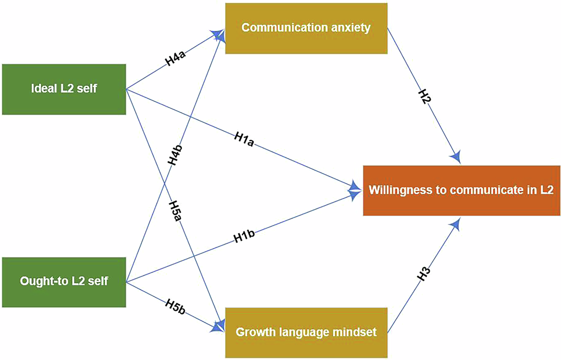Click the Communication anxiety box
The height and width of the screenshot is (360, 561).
coord(306,28)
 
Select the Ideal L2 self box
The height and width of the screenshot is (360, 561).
coord(64,89)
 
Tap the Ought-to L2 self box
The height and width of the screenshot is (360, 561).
coord(64,282)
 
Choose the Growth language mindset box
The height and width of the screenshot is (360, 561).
coord(306,333)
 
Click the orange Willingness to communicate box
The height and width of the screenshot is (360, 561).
coord(461,190)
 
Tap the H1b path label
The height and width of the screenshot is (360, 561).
coord(244,237)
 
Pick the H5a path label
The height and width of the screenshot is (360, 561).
coord(175,211)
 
